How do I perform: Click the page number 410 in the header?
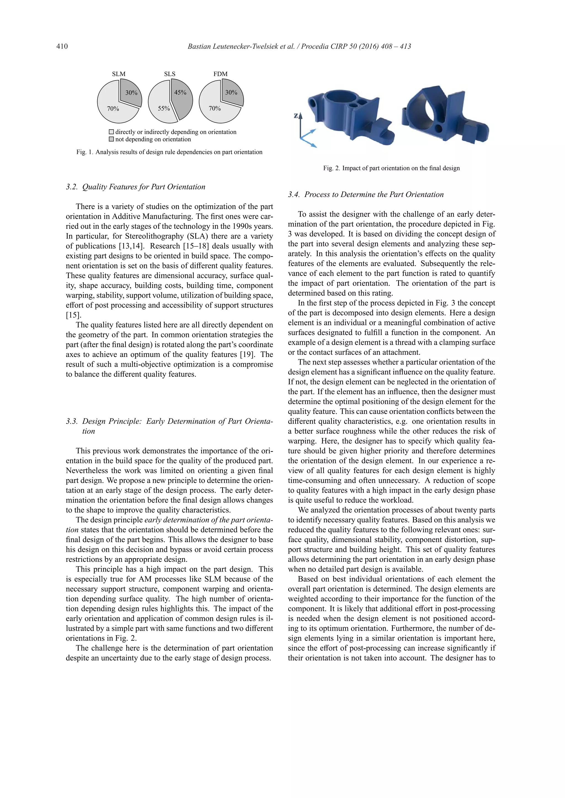pos(62,46)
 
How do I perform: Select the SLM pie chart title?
pos(119,74)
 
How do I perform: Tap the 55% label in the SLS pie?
pos(164,109)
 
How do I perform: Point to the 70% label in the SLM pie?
pos(113,109)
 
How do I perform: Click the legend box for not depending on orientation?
pos(111,139)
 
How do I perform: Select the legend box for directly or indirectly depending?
pos(111,132)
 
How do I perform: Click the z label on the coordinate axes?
pos(296,116)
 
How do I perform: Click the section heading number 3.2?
pos(72,187)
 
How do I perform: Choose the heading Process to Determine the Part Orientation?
pos(374,195)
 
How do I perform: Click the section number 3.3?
pos(72,422)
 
